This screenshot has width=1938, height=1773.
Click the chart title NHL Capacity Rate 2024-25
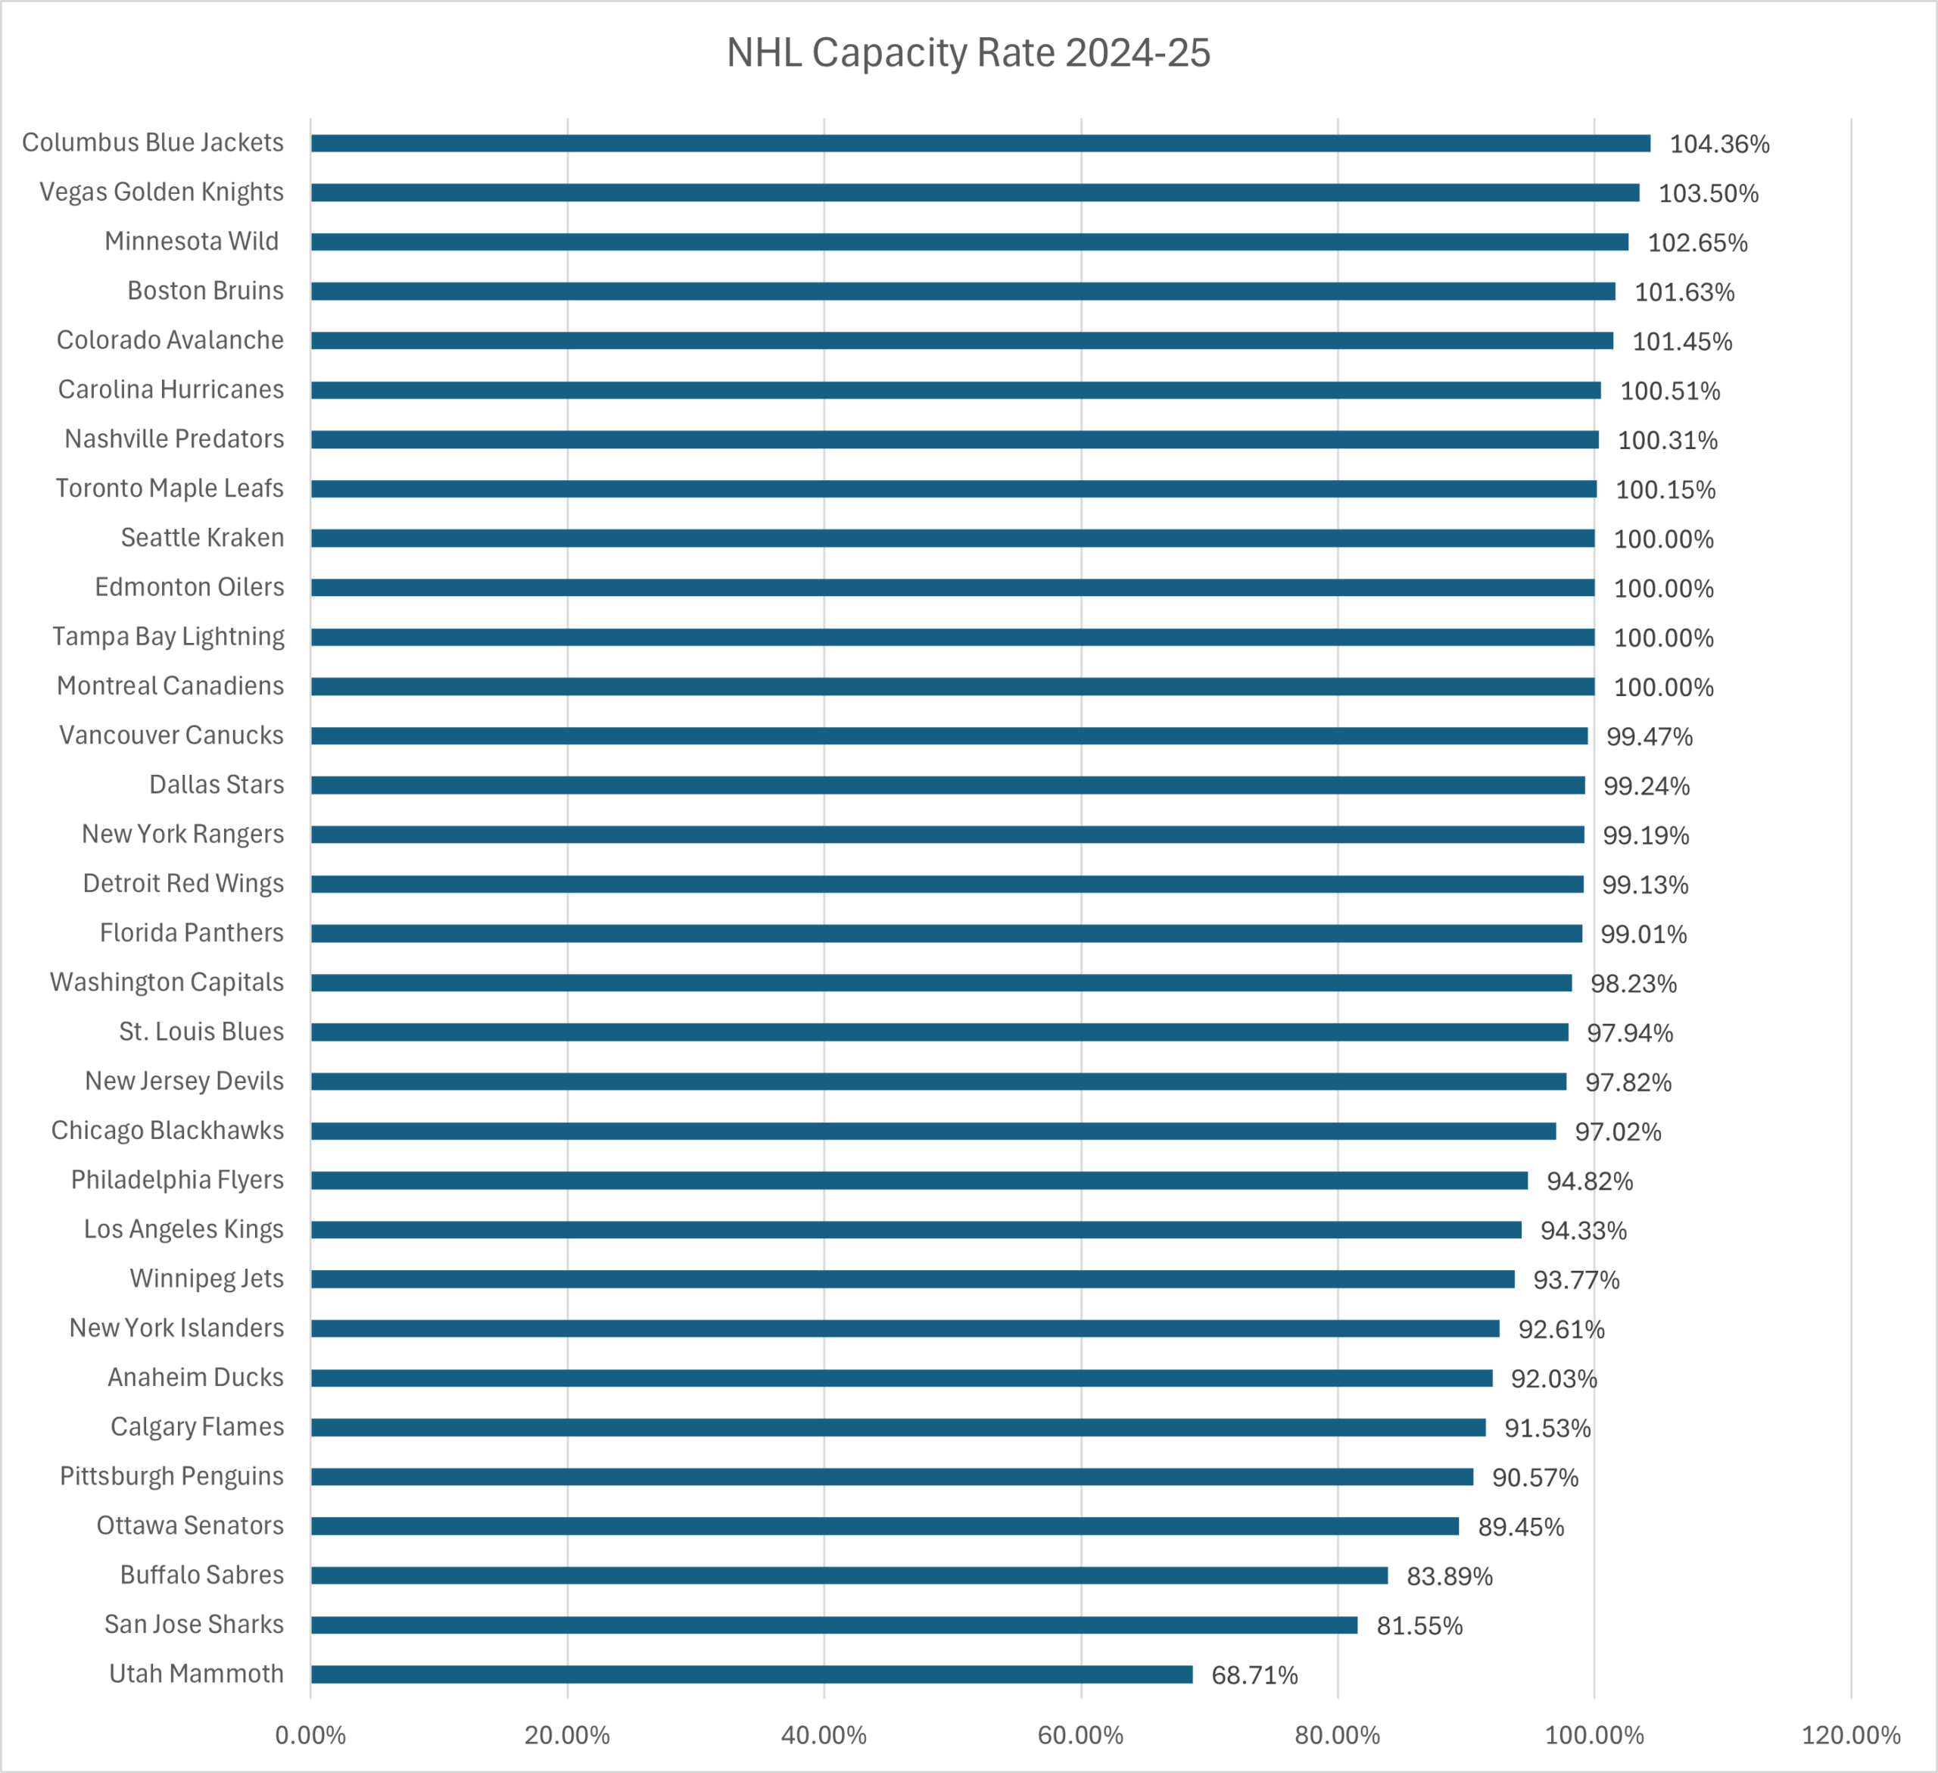(x=968, y=53)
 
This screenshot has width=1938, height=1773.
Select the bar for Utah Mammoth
(x=751, y=1674)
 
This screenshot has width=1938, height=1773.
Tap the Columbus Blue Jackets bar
(x=980, y=143)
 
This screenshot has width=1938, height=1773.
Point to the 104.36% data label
(x=1718, y=144)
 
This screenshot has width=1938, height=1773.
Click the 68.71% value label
(x=1254, y=1675)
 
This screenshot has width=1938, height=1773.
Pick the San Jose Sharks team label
(x=195, y=1624)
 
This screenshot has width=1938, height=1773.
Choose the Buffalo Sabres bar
(x=849, y=1575)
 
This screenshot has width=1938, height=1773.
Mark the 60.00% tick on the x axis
(x=1080, y=1734)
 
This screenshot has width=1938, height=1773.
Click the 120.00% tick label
(x=1850, y=1734)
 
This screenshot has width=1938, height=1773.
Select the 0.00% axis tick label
(x=310, y=1734)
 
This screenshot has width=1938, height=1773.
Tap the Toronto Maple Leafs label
(x=169, y=489)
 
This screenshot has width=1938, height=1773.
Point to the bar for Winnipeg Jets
(x=912, y=1278)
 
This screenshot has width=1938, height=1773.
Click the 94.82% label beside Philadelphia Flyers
(x=1589, y=1181)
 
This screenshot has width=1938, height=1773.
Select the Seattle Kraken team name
(x=202, y=538)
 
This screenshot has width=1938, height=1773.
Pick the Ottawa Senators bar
(x=884, y=1526)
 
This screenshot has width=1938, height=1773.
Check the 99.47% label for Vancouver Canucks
(x=1649, y=736)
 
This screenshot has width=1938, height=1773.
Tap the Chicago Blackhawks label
(x=167, y=1130)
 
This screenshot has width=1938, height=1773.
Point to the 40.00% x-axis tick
(x=824, y=1734)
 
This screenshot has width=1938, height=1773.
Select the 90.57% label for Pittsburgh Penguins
(x=1535, y=1477)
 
